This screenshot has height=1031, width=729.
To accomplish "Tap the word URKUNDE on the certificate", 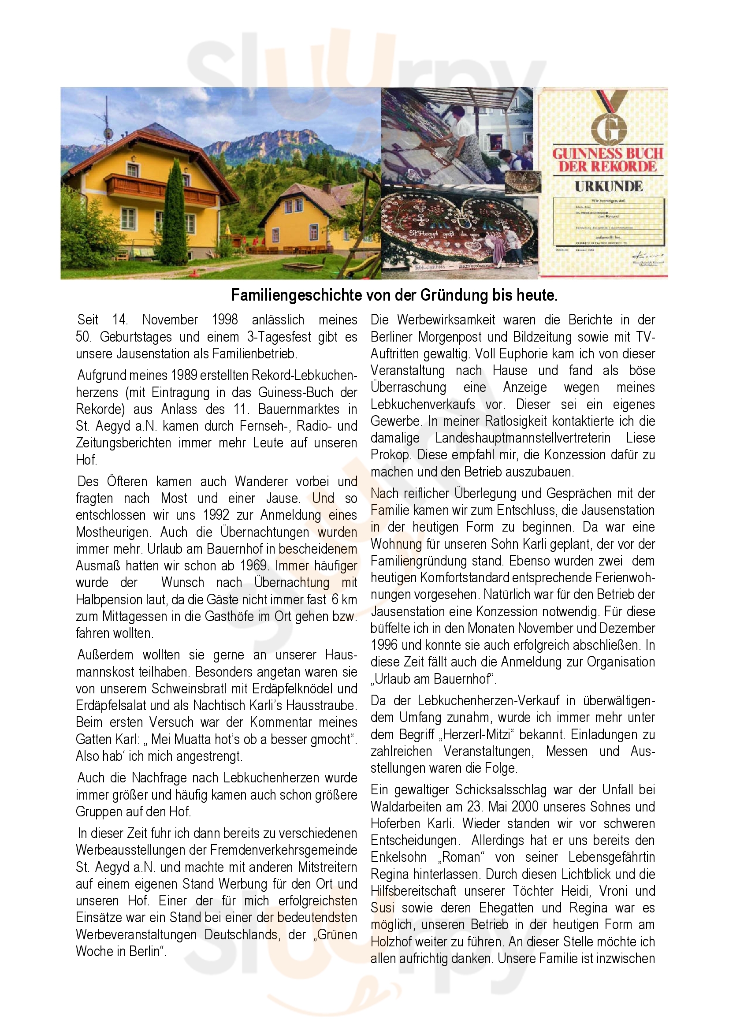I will pyautogui.click(x=608, y=186).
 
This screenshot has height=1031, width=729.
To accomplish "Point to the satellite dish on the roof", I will pyautogui.click(x=108, y=134).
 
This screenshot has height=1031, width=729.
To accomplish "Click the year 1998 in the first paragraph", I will pyautogui.click(x=224, y=320).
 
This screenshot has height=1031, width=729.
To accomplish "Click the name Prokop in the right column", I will pyautogui.click(x=390, y=455).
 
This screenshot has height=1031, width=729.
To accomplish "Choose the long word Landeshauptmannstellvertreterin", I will pyautogui.click(x=523, y=438).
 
